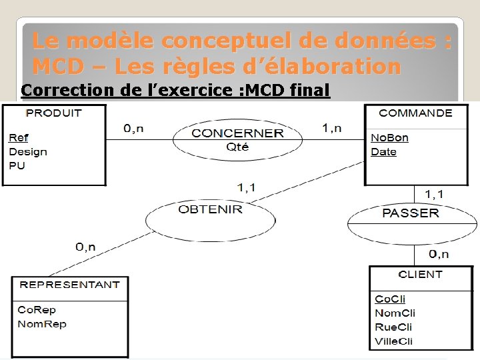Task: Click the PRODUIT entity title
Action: [53, 113]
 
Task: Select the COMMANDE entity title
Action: [415, 113]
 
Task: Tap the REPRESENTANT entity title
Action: [70, 285]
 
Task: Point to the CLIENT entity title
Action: [420, 274]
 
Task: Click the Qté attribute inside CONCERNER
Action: [237, 147]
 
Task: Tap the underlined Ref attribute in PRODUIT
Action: [18, 138]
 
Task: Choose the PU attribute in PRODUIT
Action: [17, 165]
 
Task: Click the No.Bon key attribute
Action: [389, 138]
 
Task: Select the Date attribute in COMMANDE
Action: [383, 152]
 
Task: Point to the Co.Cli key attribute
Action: [390, 299]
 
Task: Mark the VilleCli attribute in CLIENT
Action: [393, 341]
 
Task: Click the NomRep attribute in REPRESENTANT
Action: [42, 324]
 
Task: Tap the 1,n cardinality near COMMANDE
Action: [331, 127]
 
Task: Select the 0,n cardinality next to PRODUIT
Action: [134, 128]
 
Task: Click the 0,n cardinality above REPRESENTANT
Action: [85, 247]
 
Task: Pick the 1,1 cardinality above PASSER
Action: [434, 194]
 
